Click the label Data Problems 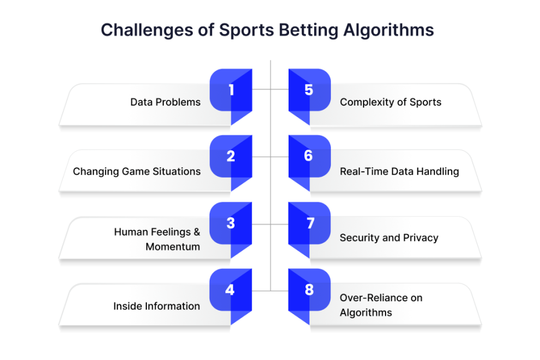[x=165, y=102]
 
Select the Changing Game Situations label [x=136, y=171]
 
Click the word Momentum [x=172, y=247]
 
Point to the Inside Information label [x=157, y=306]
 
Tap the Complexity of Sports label [x=391, y=102]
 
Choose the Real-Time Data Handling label [x=399, y=171]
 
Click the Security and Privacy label [x=389, y=237]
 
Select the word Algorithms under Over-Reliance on [x=366, y=313]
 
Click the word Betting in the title [x=308, y=30]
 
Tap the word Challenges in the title [x=147, y=30]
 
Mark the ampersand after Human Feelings [x=197, y=232]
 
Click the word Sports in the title [x=246, y=30]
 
